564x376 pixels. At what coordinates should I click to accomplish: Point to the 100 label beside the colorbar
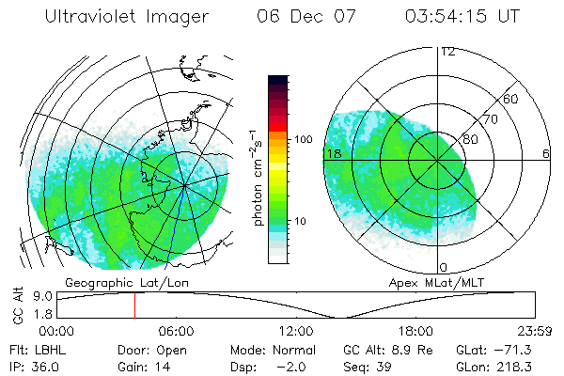(302, 139)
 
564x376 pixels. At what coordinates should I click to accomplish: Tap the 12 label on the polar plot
(447, 52)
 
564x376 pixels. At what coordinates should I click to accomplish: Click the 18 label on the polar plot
(332, 153)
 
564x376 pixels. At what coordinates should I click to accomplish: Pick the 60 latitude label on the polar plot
(511, 99)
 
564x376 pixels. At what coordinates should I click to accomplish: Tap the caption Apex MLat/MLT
(428, 282)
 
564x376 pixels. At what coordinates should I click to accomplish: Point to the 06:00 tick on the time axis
(176, 331)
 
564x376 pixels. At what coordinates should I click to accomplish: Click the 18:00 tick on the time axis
(415, 331)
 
